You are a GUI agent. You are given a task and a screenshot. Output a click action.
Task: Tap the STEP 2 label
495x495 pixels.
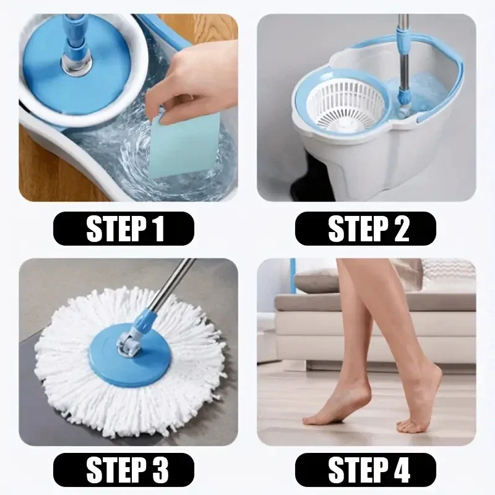tap(366, 228)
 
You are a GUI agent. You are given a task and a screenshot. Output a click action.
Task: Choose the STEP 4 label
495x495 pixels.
tap(366, 469)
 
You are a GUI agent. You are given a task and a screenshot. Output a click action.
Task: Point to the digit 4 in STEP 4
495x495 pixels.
tap(399, 469)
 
